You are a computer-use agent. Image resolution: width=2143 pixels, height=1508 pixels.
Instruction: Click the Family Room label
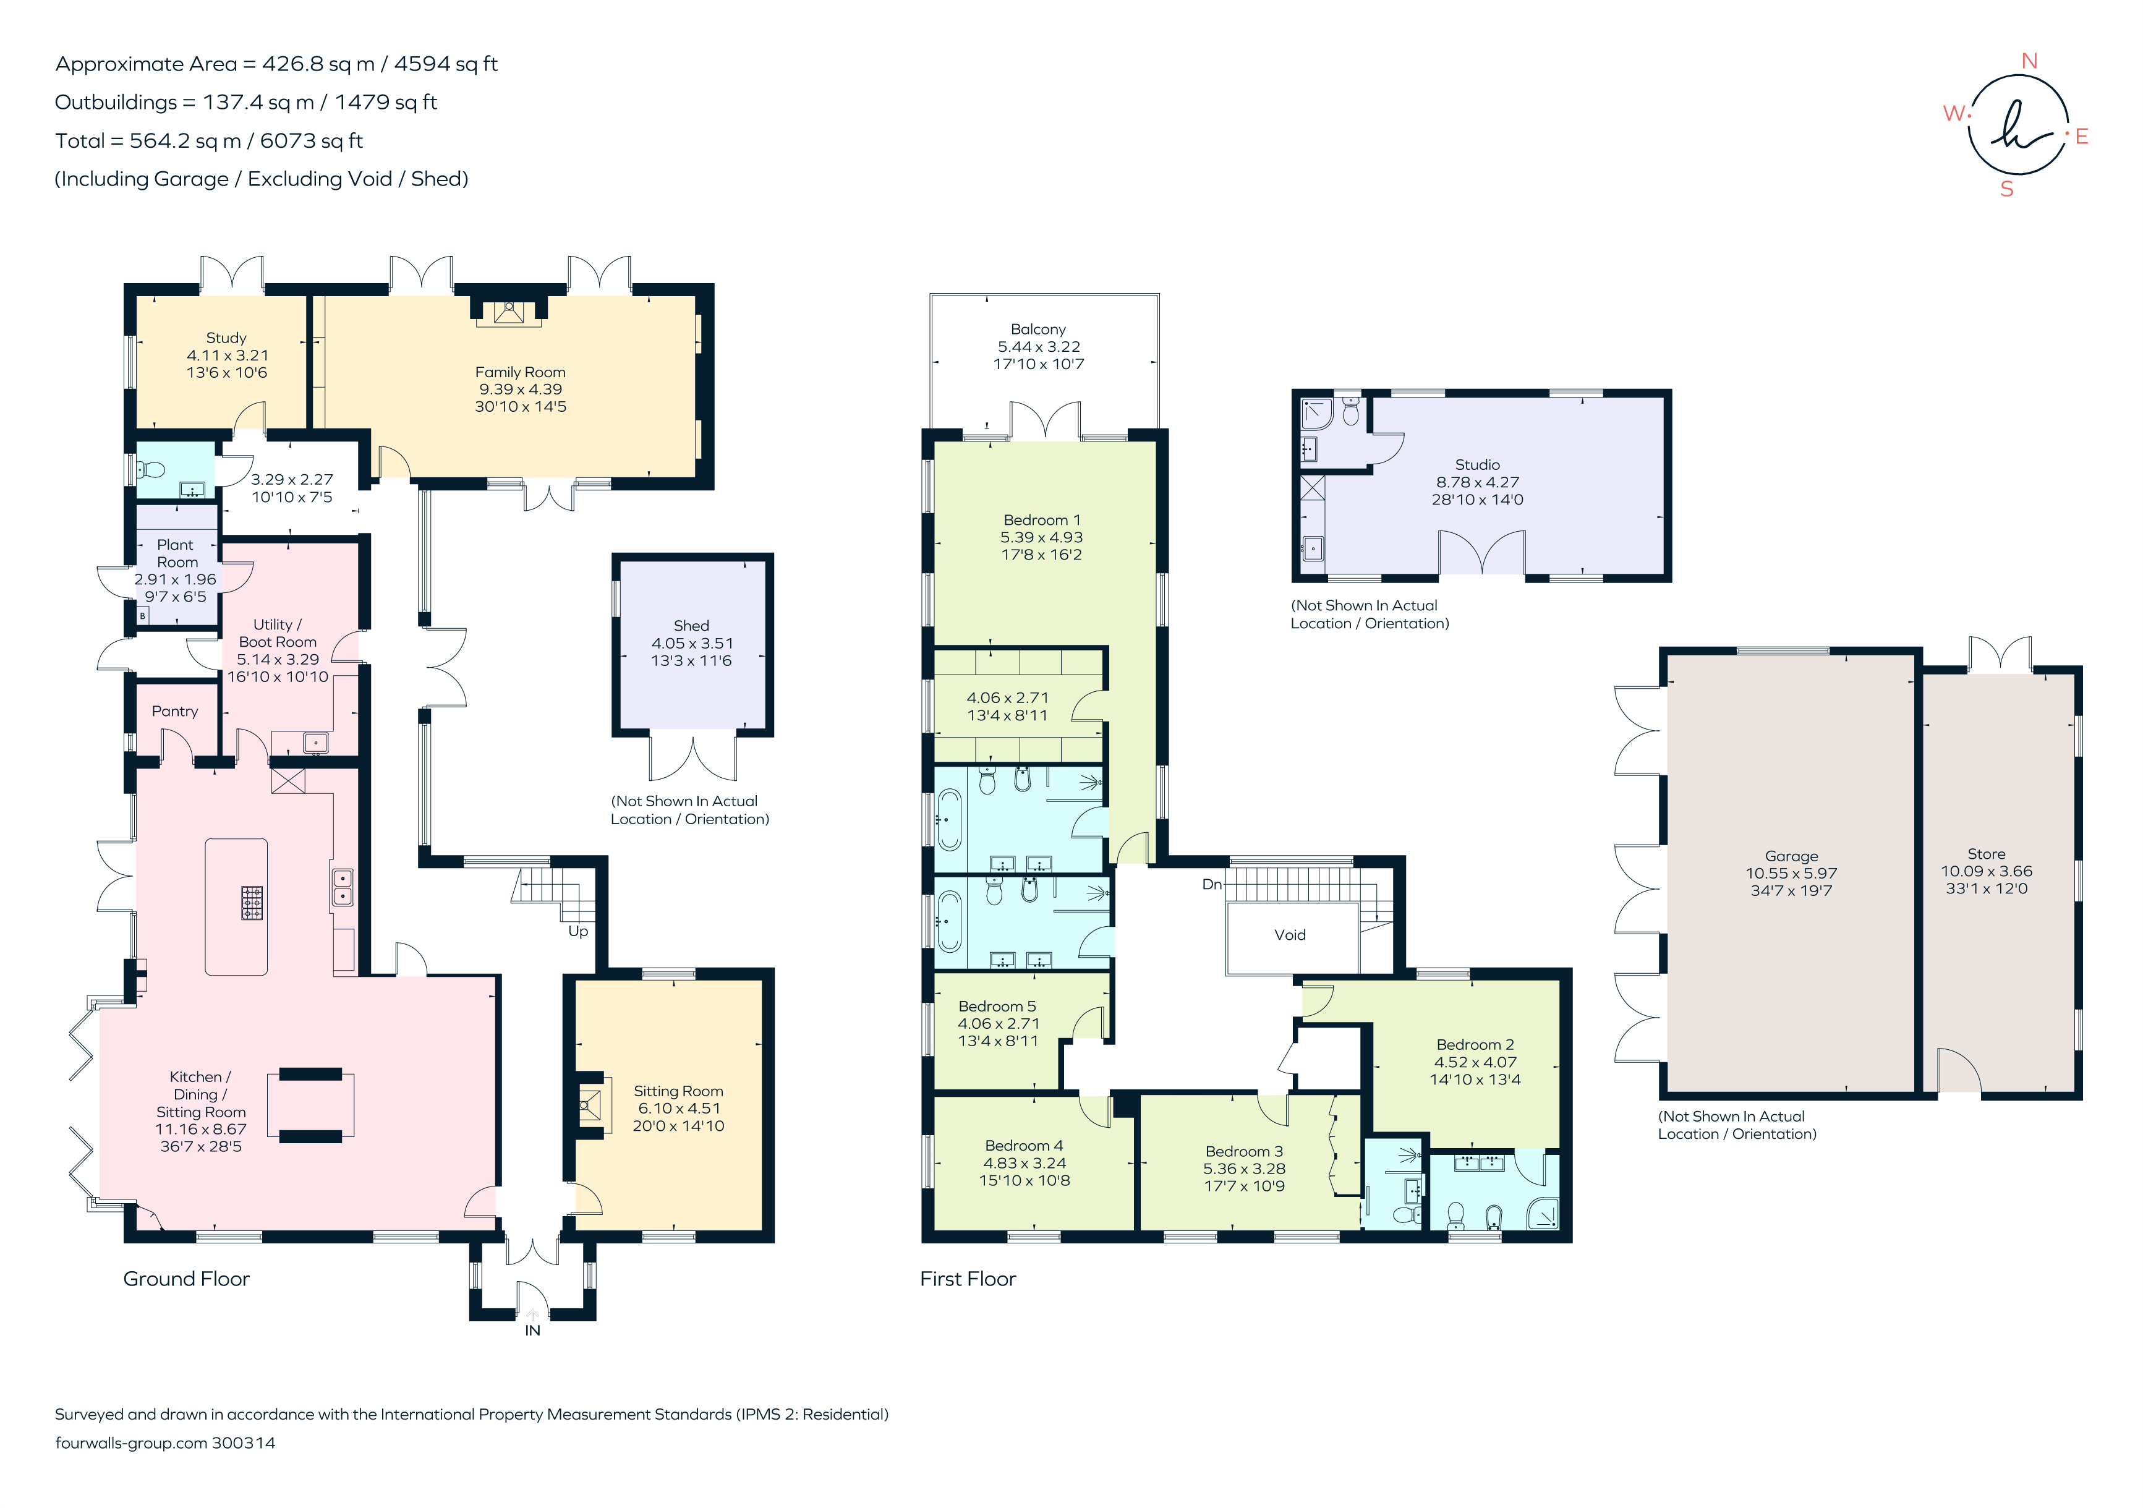pos(520,372)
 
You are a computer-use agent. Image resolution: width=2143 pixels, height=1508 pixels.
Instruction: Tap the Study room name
pos(226,338)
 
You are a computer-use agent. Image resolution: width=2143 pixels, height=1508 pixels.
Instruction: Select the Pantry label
pos(174,711)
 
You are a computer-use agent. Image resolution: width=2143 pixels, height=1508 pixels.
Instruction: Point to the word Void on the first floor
pos(1290,935)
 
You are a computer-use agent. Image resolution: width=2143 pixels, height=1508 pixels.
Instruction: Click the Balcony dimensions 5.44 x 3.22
pos(1038,346)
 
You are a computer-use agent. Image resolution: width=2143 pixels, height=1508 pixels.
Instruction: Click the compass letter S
pos(2007,189)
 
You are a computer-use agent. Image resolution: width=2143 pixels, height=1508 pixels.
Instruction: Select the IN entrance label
pos(532,1331)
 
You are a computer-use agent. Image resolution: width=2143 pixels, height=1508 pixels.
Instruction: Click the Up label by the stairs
pos(577,931)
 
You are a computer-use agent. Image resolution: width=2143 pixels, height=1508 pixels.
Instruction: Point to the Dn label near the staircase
pos(1211,884)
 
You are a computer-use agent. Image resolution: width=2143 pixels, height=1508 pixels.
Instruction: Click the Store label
pos(1986,854)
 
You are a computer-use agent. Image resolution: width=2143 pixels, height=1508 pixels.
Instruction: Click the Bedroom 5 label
pos(997,1006)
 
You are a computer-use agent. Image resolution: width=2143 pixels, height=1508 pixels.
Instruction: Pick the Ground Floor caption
pos(187,1279)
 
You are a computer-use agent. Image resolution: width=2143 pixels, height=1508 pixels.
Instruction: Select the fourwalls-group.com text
pos(130,1442)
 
